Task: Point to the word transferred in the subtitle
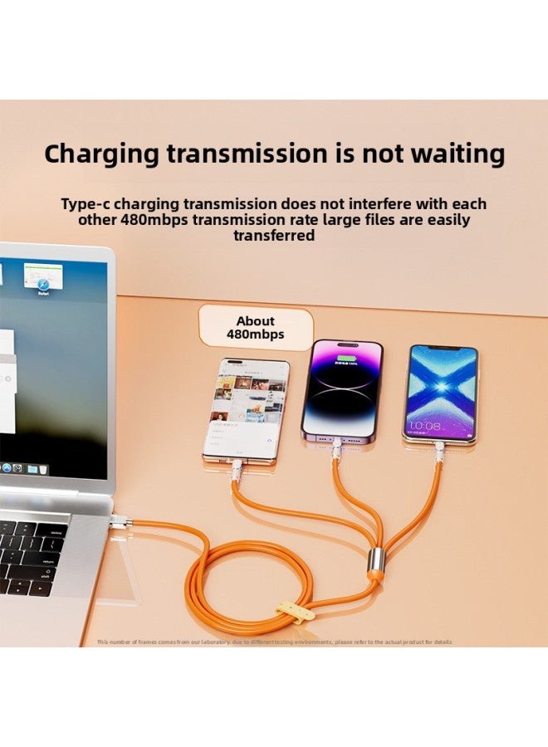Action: (274, 236)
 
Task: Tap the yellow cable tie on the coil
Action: (296, 610)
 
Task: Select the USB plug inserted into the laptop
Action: (121, 522)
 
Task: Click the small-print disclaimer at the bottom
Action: (274, 642)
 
